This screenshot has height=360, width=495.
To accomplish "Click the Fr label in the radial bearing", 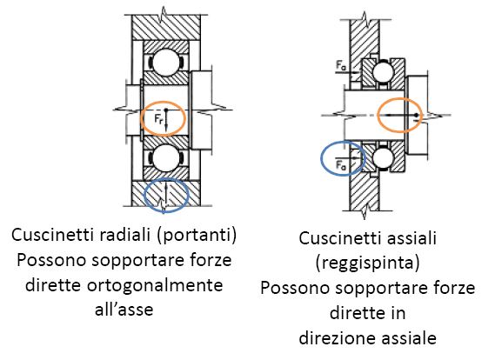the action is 159,119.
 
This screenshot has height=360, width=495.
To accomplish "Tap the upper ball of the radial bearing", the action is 166,63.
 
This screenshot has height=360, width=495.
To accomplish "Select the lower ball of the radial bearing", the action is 166,157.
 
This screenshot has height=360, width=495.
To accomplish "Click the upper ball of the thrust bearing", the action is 383,72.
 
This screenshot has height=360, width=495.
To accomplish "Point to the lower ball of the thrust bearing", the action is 383,157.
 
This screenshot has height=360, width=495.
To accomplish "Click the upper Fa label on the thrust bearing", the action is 341,66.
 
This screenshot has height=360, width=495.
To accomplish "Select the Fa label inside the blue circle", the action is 341,164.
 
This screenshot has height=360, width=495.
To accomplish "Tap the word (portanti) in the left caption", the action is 197,235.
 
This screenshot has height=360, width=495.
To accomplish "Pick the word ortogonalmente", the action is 155,285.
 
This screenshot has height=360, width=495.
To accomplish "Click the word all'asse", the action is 124,310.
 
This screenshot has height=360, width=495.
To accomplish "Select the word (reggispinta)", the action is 368,263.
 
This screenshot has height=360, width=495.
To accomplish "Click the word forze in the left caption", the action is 211,260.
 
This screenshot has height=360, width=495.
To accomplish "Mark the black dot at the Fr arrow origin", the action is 166,110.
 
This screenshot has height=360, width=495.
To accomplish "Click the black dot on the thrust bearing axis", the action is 417,115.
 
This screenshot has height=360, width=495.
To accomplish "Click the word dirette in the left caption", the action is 53,285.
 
